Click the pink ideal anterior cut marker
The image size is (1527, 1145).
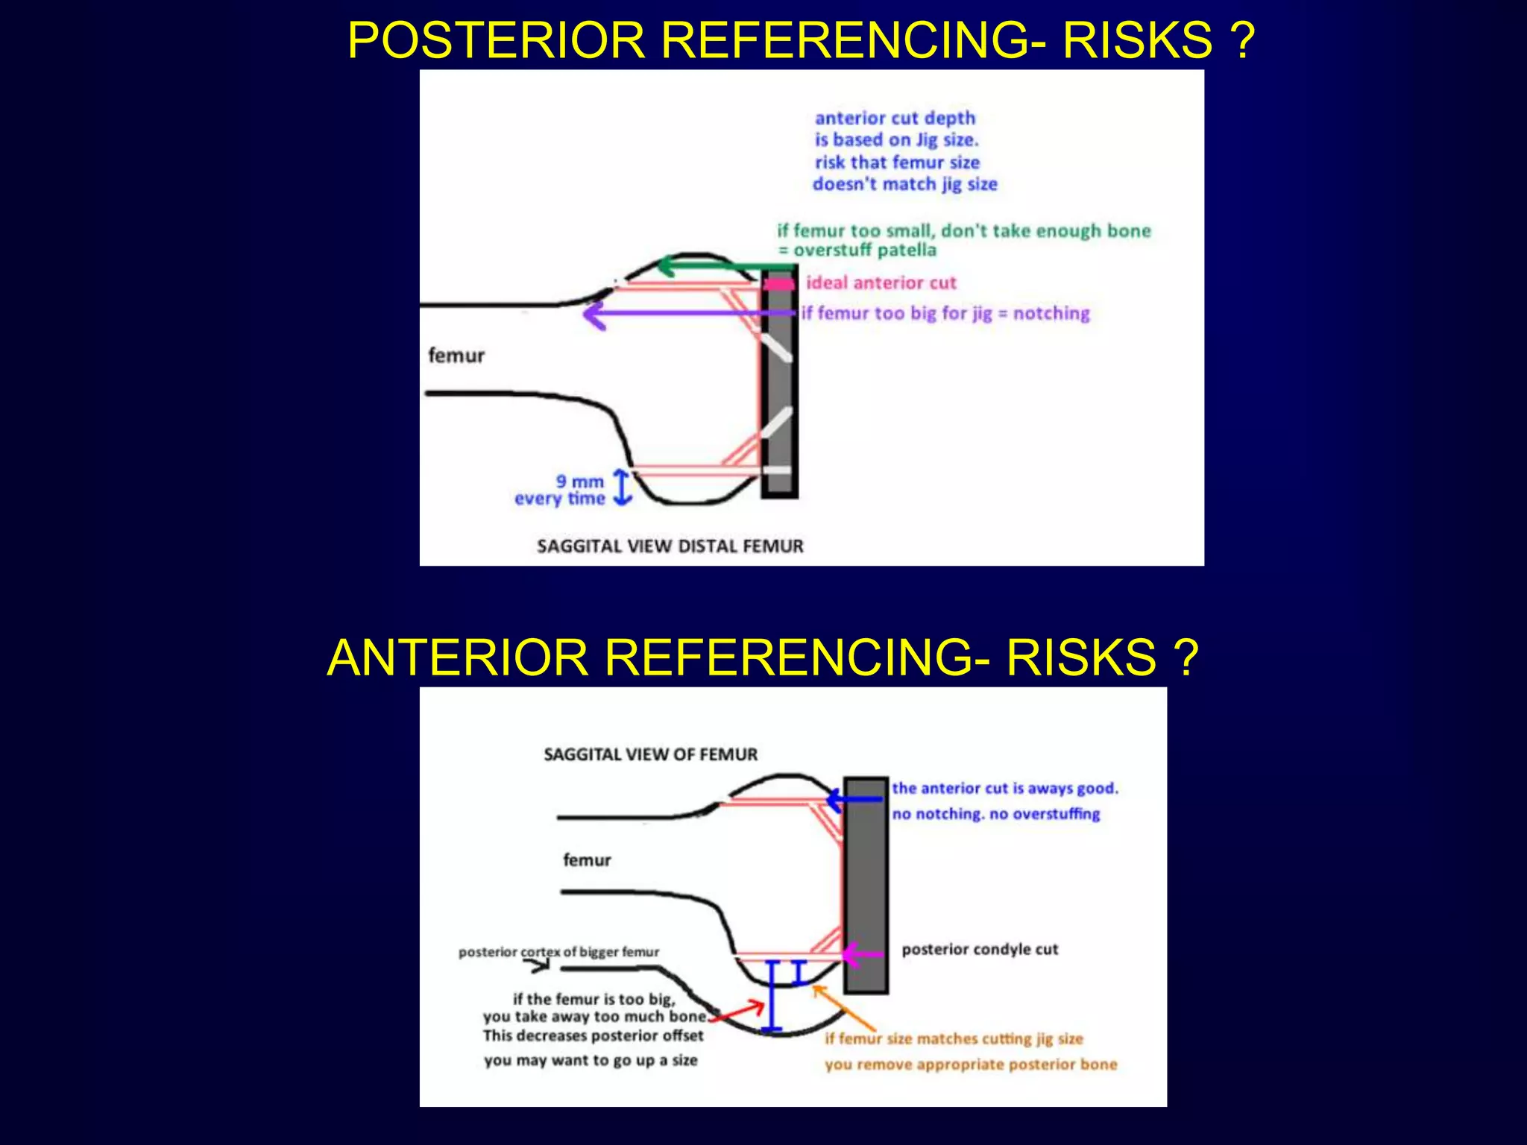pos(778,284)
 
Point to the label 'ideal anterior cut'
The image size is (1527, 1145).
pos(881,283)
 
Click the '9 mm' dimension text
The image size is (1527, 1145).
pos(579,482)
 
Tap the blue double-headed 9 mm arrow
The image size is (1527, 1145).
pos(622,488)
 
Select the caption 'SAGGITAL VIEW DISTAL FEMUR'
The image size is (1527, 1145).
pos(670,546)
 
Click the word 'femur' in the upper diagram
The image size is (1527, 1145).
pos(456,356)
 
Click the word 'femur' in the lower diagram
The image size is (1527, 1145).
pos(587,860)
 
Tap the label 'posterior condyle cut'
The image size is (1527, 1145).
pos(980,950)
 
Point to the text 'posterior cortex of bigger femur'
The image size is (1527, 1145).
pos(558,952)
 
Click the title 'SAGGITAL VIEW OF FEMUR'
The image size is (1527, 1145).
pos(650,754)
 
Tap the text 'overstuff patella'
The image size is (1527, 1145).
pos(865,250)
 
